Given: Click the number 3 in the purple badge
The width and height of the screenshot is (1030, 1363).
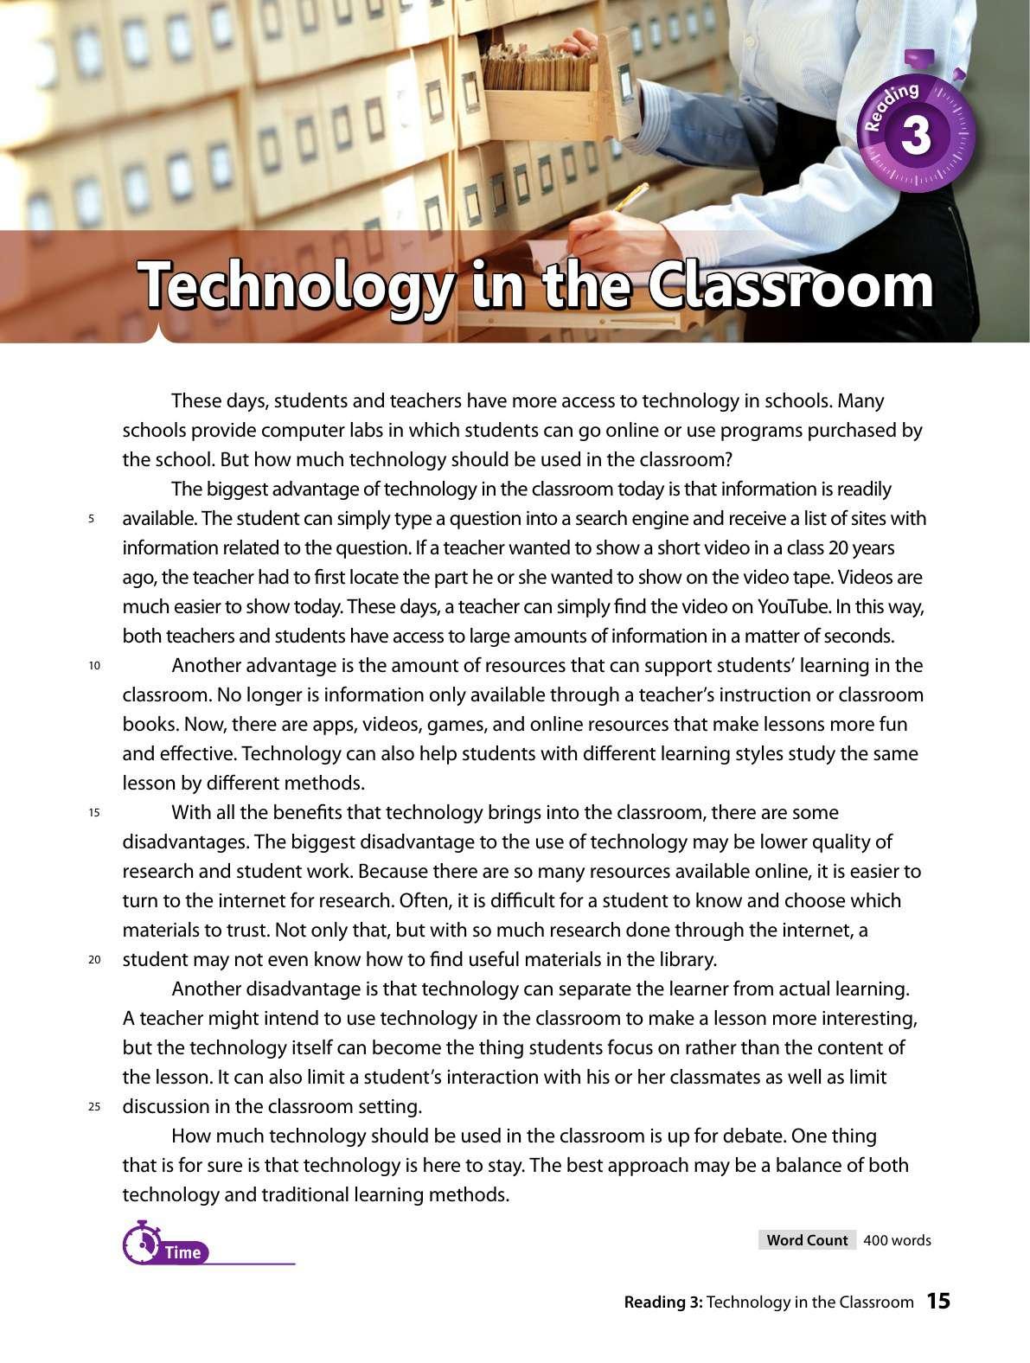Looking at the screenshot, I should tap(916, 137).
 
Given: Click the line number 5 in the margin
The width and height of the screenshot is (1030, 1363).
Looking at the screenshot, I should tap(91, 519).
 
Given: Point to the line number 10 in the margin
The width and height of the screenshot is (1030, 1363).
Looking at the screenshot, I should tap(93, 666).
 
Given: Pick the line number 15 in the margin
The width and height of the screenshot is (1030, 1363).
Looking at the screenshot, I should tap(93, 813).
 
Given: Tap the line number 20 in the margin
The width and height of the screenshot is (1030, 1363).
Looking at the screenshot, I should tap(93, 960).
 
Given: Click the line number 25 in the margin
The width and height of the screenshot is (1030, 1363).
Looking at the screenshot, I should tap(93, 1107).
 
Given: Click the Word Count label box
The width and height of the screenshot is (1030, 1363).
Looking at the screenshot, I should tap(807, 1240).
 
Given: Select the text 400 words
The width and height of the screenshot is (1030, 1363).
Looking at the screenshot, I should tap(897, 1240).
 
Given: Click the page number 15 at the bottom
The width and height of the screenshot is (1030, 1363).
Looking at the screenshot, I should tap(938, 1301).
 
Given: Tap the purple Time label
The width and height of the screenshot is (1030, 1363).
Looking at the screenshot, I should tap(182, 1252).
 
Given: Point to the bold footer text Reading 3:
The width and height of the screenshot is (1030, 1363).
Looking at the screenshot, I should tap(662, 1302).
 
